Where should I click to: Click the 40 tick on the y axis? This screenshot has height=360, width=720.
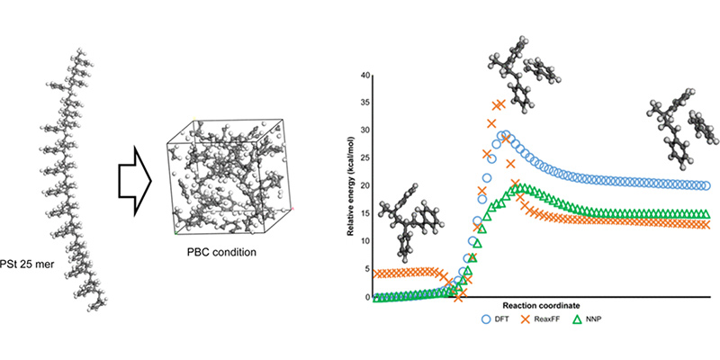(366, 75)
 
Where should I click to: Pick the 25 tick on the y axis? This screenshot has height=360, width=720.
(366, 158)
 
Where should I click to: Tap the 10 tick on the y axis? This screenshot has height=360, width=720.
(366, 241)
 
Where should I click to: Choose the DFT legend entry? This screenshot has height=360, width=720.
(498, 319)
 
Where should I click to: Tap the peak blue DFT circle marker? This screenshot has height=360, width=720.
(506, 137)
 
